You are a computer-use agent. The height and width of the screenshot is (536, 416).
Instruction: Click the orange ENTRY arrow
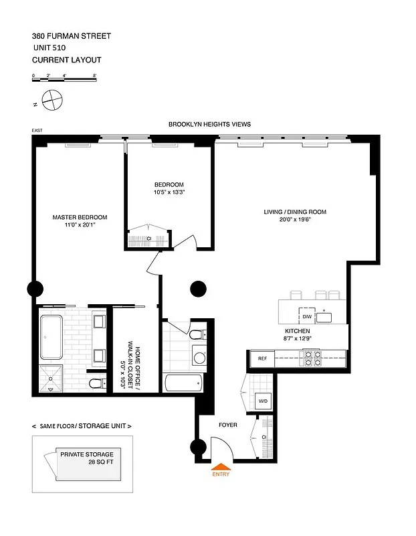pyautogui.click(x=221, y=467)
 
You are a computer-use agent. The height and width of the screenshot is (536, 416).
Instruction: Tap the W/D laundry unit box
pyautogui.click(x=264, y=401)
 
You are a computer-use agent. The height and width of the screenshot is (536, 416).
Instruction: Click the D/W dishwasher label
pyautogui.click(x=307, y=316)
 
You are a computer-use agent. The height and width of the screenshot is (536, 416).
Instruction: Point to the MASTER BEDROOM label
pyautogui.click(x=80, y=217)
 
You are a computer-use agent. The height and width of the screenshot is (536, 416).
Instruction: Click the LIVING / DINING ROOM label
pyautogui.click(x=295, y=212)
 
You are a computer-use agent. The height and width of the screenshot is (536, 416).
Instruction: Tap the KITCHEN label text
pyautogui.click(x=297, y=331)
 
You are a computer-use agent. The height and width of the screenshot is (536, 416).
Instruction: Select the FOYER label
pyautogui.click(x=228, y=425)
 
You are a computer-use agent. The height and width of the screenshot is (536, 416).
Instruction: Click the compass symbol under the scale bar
pyautogui.click(x=51, y=101)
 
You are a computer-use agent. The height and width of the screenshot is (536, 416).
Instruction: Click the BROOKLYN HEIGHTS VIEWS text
pyautogui.click(x=209, y=125)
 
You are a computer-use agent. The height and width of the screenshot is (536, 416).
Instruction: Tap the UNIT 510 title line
pyautogui.click(x=53, y=48)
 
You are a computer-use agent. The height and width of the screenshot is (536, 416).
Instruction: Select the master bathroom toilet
pyautogui.click(x=97, y=383)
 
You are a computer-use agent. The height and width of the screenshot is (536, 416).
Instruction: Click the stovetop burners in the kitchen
pyautogui.click(x=311, y=359)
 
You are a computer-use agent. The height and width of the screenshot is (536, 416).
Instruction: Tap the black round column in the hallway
pyautogui.click(x=197, y=289)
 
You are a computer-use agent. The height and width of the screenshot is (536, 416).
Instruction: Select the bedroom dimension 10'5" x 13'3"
pyautogui.click(x=169, y=192)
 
